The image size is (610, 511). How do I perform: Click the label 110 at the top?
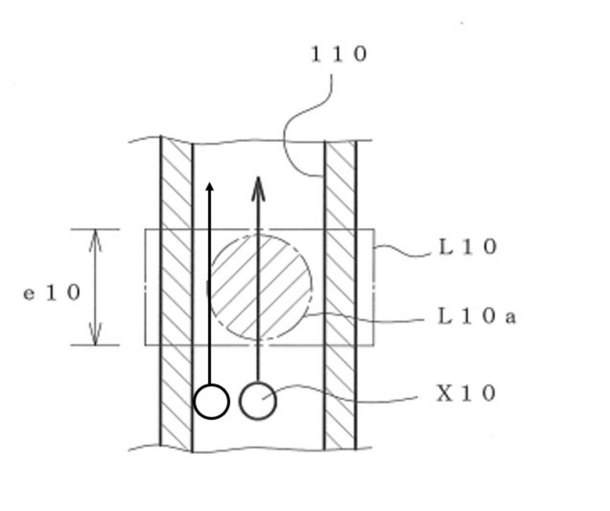pyautogui.click(x=339, y=54)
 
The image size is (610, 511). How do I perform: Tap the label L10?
pyautogui.click(x=468, y=247)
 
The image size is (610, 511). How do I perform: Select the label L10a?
pyautogui.click(x=477, y=316)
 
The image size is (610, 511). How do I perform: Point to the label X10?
pyautogui.click(x=466, y=393)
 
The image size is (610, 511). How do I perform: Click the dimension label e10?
pyautogui.click(x=52, y=292)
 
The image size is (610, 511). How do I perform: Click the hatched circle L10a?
pyautogui.click(x=260, y=287)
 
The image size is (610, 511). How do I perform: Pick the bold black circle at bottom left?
pyautogui.click(x=211, y=401)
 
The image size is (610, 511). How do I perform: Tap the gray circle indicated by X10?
pyautogui.click(x=258, y=401)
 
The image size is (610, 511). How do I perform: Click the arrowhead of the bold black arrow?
pyautogui.click(x=210, y=186)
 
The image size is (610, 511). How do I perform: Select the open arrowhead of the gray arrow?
pyautogui.click(x=258, y=188)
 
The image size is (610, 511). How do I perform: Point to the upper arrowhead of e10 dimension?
pyautogui.click(x=95, y=241)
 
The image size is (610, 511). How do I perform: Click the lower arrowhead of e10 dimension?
pyautogui.click(x=95, y=334)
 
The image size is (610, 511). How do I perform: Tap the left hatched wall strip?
pyautogui.click(x=176, y=294)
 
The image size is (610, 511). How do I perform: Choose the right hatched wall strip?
pyautogui.click(x=340, y=295)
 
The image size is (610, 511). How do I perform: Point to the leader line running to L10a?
pyautogui.click(x=362, y=320)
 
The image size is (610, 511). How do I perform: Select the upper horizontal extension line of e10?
pyautogui.click(x=95, y=229)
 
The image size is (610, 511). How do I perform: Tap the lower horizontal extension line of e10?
pyautogui.click(x=95, y=345)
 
